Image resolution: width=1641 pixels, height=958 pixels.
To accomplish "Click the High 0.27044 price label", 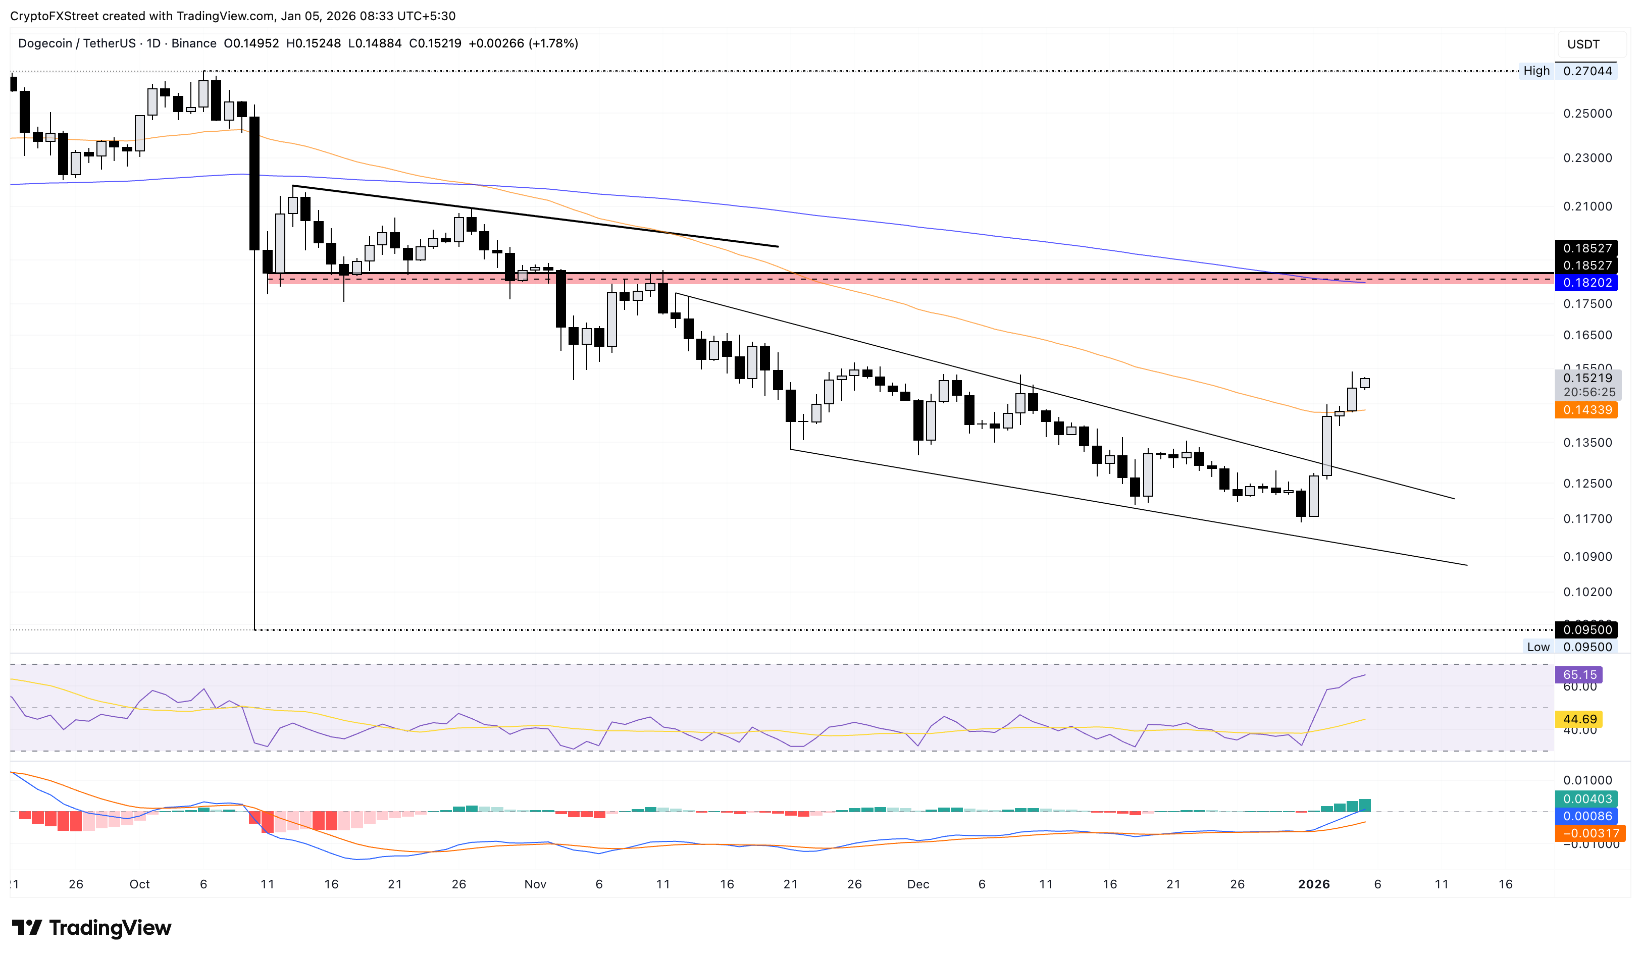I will tap(1568, 71).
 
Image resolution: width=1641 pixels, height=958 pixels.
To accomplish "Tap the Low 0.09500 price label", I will tap(1569, 647).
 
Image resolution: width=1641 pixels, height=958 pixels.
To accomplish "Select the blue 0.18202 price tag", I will tap(1587, 283).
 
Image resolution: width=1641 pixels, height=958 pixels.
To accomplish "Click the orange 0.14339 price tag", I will tap(1587, 409).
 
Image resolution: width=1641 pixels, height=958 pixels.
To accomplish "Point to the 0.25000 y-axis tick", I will tap(1587, 113).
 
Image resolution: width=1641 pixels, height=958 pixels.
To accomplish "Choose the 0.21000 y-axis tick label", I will tap(1587, 206).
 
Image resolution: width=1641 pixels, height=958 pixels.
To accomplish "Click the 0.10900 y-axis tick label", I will tap(1587, 556).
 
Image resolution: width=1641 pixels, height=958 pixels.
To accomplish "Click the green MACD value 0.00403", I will tap(1587, 799).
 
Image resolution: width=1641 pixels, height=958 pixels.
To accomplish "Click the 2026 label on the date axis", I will tap(1313, 884).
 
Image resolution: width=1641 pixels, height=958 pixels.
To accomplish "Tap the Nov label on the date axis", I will tap(535, 884).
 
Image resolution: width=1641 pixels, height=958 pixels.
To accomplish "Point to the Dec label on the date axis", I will tap(917, 884).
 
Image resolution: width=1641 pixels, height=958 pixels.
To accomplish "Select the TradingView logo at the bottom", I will tap(92, 927).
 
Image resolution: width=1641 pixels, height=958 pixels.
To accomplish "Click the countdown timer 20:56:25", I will tap(1589, 392).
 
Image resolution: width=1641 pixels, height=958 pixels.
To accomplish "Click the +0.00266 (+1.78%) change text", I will tap(523, 43).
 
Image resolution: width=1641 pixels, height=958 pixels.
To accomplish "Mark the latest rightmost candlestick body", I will tap(1364, 383).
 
